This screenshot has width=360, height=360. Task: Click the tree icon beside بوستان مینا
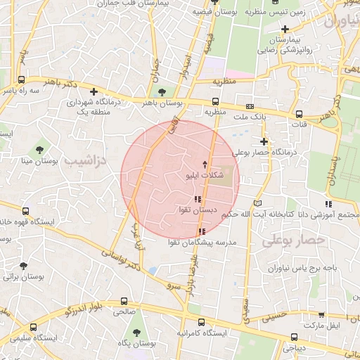click(x=39, y=149)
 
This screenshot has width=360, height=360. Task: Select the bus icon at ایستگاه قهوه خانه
click(x=26, y=210)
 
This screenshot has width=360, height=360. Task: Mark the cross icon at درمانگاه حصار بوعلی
click(x=264, y=141)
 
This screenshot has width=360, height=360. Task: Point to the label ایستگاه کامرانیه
click(x=201, y=333)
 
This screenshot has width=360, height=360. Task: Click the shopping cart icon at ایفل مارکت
click(x=321, y=315)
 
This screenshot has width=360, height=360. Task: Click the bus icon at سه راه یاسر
click(x=22, y=80)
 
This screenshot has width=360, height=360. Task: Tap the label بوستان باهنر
click(x=163, y=103)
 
